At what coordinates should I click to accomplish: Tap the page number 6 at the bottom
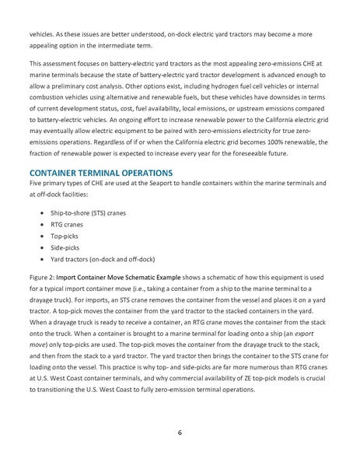180,433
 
